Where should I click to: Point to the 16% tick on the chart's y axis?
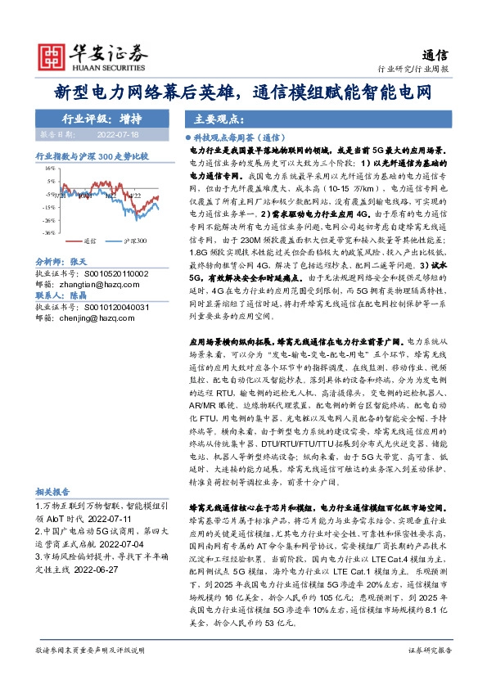pyautogui.click(x=51, y=167)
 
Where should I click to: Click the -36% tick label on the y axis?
pyautogui.click(x=50, y=232)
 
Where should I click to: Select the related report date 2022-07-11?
pyautogui.click(x=109, y=518)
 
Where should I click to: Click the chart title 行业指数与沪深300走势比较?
pyautogui.click(x=92, y=154)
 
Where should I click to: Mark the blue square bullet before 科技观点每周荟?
pyautogui.click(x=187, y=140)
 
